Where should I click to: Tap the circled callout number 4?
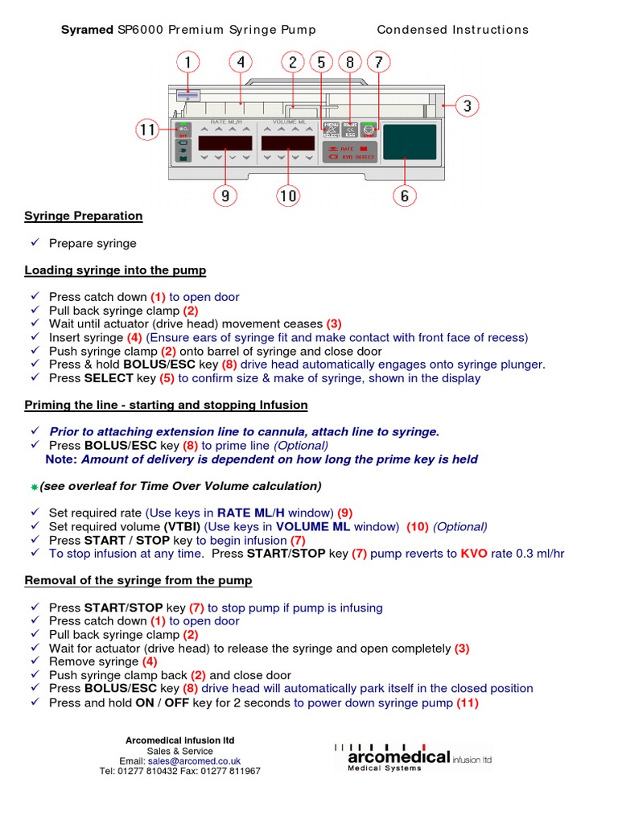pyautogui.click(x=240, y=62)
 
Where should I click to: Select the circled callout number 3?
pyautogui.click(x=468, y=105)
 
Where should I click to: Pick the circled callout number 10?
pyautogui.click(x=287, y=194)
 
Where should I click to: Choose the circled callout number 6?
pyautogui.click(x=405, y=194)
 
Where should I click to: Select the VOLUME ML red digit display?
pyautogui.click(x=287, y=143)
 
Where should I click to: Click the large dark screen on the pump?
pyautogui.click(x=410, y=142)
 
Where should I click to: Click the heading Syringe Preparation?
pyautogui.click(x=84, y=216)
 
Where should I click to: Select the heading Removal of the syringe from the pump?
pyautogui.click(x=138, y=580)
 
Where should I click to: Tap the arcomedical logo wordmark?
pyautogui.click(x=398, y=757)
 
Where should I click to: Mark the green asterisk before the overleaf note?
pyautogui.click(x=35, y=488)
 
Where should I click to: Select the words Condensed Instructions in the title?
pyautogui.click(x=453, y=30)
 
